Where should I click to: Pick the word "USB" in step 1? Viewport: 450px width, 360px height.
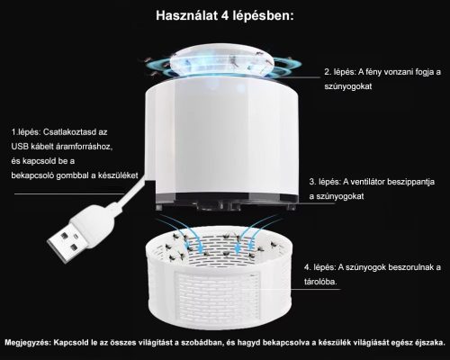click(x=21, y=147)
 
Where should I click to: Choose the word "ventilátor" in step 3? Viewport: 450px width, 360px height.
click(x=379, y=180)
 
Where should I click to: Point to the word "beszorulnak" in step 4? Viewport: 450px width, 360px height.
click(x=409, y=267)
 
